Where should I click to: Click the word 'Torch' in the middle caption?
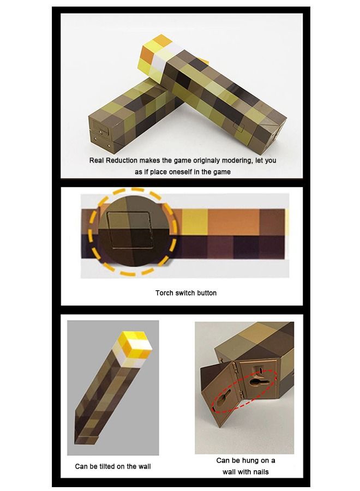(165, 293)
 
